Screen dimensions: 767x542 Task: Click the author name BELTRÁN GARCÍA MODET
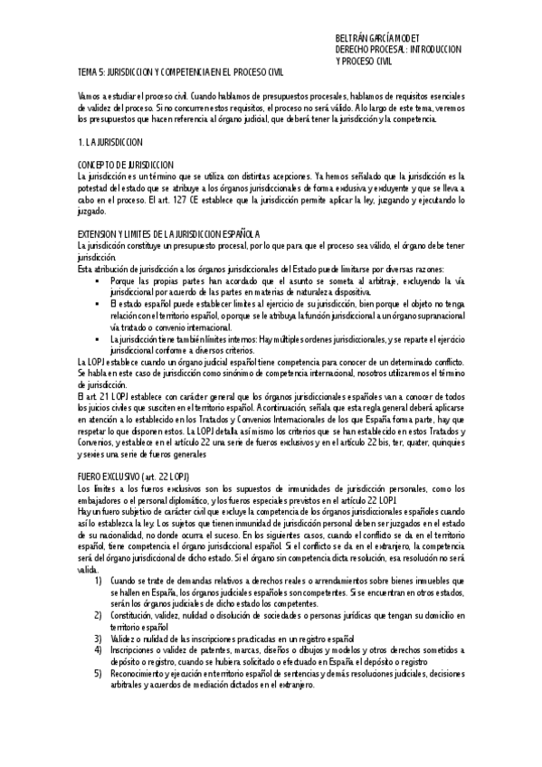tap(381, 39)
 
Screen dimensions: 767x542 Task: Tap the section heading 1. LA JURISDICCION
tap(109, 143)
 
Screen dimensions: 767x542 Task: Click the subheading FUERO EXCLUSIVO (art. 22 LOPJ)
tap(133, 477)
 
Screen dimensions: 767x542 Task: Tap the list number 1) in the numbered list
tap(99, 579)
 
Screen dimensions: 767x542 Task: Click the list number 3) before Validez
tap(99, 638)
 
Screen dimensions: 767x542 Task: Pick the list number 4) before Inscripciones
tap(99, 649)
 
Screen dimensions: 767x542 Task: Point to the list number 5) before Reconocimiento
tap(99, 673)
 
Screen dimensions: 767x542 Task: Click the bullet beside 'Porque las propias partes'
tap(97, 281)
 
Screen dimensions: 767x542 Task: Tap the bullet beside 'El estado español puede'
tap(97, 305)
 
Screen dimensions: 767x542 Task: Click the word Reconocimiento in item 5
tap(139, 673)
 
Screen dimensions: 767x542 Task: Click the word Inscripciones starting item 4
tap(134, 649)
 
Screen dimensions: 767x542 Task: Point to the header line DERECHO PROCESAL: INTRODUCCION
tap(399, 50)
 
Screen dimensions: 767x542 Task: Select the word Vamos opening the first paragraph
tap(90, 96)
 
